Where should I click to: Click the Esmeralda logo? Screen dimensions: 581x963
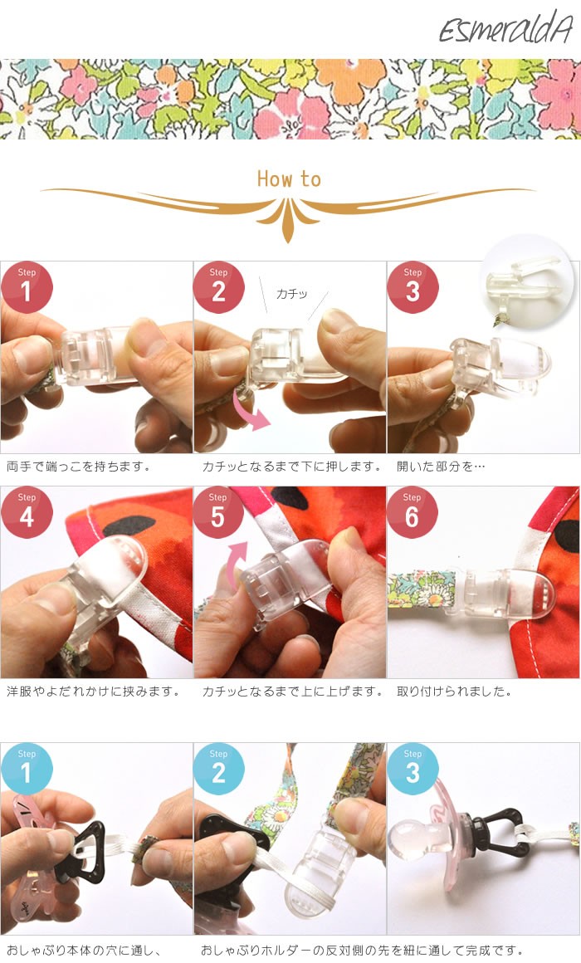point(506,28)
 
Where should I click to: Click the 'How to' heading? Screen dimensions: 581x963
point(289,178)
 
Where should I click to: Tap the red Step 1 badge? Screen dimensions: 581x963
point(27,286)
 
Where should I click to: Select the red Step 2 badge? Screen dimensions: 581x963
point(218,286)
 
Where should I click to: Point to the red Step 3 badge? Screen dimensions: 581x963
point(413,286)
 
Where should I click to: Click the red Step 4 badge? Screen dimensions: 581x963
point(27,512)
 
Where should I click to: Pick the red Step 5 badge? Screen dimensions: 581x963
point(218,512)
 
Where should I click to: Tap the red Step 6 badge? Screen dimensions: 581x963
point(413,512)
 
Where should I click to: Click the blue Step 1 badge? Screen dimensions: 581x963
point(27,769)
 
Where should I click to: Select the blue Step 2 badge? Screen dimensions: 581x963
point(218,769)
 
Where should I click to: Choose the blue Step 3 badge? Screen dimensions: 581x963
point(413,769)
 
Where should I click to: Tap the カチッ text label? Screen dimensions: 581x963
point(291,294)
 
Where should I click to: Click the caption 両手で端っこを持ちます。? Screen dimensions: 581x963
point(78,467)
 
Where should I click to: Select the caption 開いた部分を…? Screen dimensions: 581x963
point(441,467)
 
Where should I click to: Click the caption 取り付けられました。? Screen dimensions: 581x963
point(454,692)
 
